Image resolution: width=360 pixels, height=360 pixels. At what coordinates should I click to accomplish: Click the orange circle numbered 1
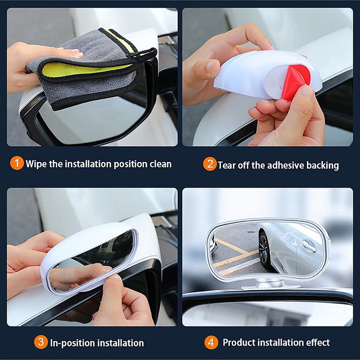click(x=17, y=163)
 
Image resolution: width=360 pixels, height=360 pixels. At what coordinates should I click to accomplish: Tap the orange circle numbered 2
click(x=210, y=164)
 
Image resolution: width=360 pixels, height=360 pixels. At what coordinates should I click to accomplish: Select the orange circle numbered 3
click(x=41, y=342)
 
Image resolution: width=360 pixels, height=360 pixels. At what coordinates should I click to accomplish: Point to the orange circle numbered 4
click(x=211, y=342)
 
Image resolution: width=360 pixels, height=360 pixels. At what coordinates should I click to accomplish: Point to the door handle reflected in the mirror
click(x=309, y=246)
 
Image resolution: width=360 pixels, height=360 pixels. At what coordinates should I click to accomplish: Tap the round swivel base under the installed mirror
click(x=270, y=284)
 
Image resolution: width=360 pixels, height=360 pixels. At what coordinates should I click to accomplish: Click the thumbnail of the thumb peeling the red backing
click(x=307, y=90)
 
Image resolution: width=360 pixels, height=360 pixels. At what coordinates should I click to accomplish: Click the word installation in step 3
click(x=121, y=343)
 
